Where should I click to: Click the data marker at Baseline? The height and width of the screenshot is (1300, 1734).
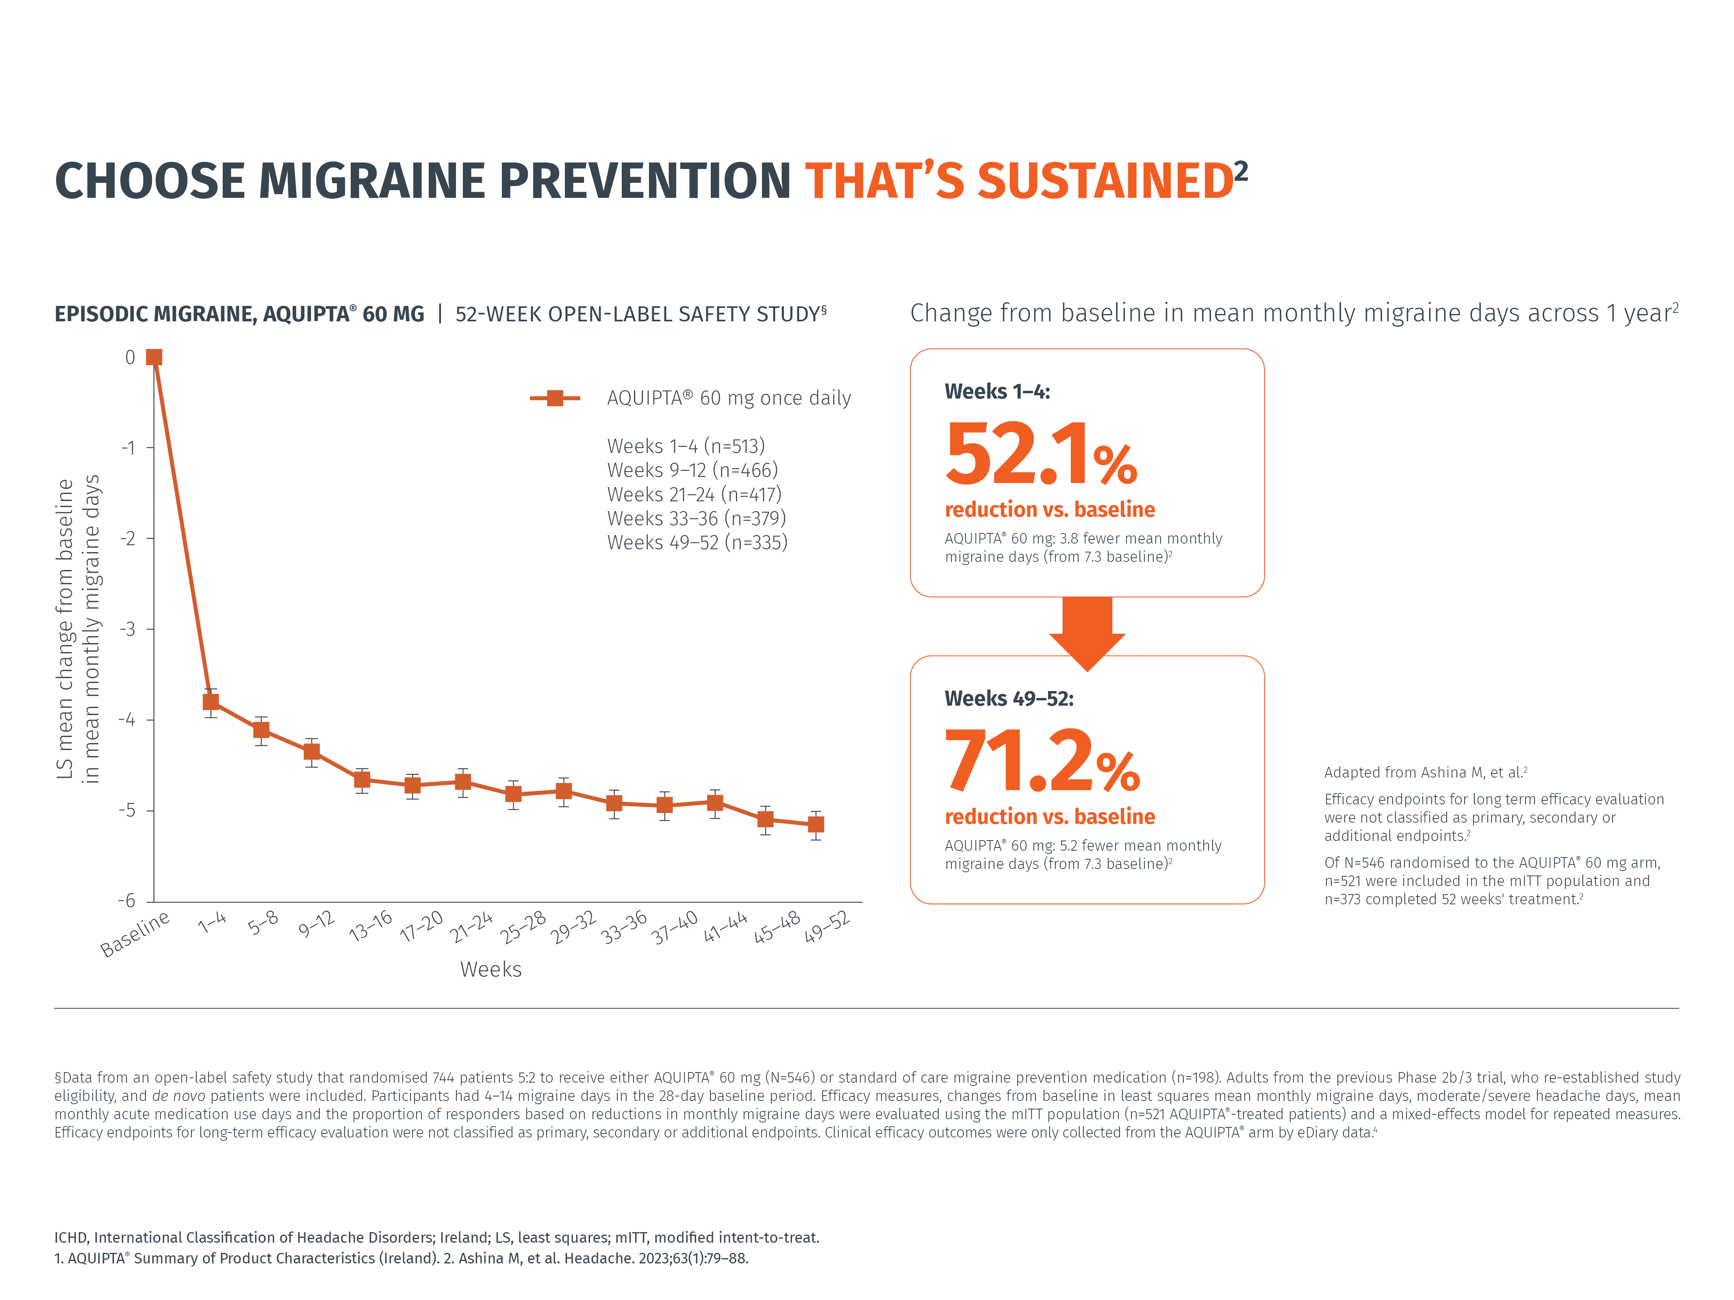[154, 357]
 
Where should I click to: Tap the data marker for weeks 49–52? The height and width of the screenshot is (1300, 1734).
[815, 824]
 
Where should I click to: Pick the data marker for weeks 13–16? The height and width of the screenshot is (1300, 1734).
[361, 780]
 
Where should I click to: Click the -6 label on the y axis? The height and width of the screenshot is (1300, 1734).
[127, 900]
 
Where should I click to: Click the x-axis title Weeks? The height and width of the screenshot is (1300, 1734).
[491, 969]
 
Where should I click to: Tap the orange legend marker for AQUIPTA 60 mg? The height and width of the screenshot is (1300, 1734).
[554, 398]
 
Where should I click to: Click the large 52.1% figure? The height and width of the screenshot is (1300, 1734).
[1040, 455]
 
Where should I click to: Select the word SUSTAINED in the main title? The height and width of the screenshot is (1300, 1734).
[1105, 181]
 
